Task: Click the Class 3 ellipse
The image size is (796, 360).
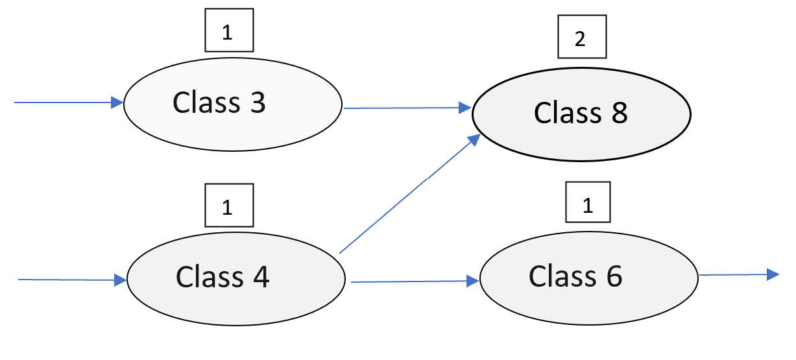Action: (x=232, y=104)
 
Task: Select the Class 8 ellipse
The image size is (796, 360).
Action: (x=581, y=115)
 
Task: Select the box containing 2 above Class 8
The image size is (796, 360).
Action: (x=581, y=40)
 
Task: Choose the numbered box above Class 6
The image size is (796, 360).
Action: (x=588, y=206)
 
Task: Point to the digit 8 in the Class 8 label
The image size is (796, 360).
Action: (x=618, y=114)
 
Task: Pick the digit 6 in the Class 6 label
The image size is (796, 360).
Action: (x=613, y=276)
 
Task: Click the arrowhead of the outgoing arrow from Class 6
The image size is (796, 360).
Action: (x=772, y=274)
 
